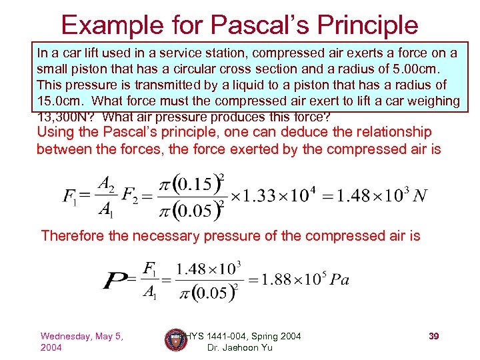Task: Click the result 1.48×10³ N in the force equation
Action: pos(381,195)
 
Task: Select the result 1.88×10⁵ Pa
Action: pos(304,279)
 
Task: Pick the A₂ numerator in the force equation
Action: pos(105,183)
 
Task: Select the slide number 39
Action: pos(433,337)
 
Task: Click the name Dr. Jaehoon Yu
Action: pos(239,347)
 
